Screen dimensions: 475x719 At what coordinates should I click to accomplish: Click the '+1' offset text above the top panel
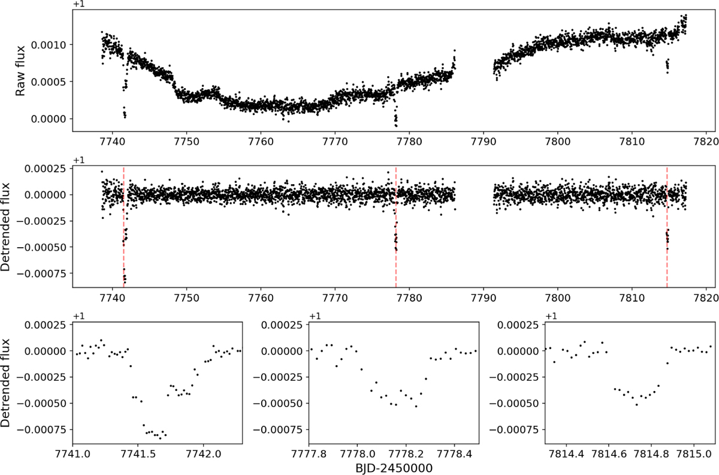78,5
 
